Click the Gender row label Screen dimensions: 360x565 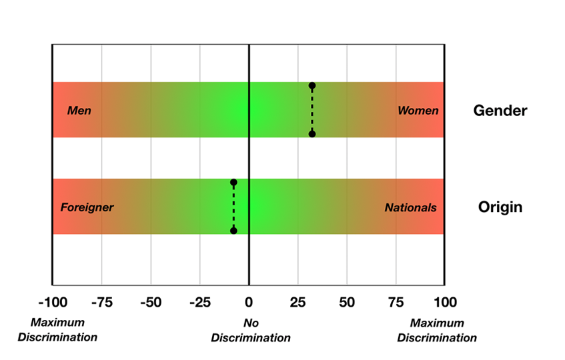coord(500,111)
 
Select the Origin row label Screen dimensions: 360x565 coord(500,207)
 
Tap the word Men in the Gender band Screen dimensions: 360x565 coord(79,111)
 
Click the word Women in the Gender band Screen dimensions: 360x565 coord(418,111)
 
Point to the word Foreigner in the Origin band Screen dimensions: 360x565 coord(87,207)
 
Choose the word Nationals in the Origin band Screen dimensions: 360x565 coord(410,208)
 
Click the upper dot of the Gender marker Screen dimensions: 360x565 coord(312,86)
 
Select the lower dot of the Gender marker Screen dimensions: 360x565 coord(312,134)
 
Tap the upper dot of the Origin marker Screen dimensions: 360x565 coord(233,182)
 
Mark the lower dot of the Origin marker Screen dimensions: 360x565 coord(233,231)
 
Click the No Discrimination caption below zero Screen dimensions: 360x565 coord(251,331)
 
